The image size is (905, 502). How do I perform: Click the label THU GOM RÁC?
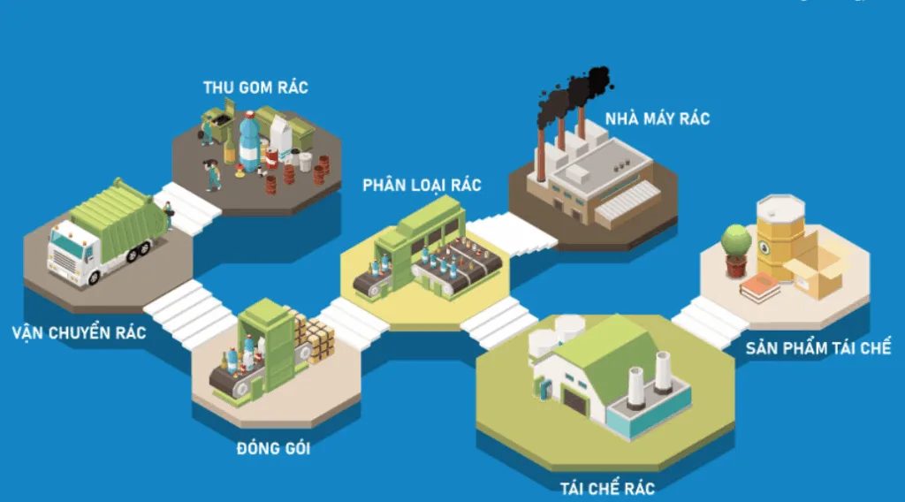(255, 87)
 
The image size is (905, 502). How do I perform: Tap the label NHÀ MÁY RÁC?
(657, 118)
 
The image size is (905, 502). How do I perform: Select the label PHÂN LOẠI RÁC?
(422, 185)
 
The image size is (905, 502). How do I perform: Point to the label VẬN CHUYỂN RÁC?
(80, 333)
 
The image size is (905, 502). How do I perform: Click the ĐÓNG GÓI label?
(273, 448)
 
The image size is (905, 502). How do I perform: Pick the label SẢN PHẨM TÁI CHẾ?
(818, 347)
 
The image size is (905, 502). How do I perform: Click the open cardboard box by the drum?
(817, 269)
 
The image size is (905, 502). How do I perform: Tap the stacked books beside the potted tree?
(759, 288)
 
